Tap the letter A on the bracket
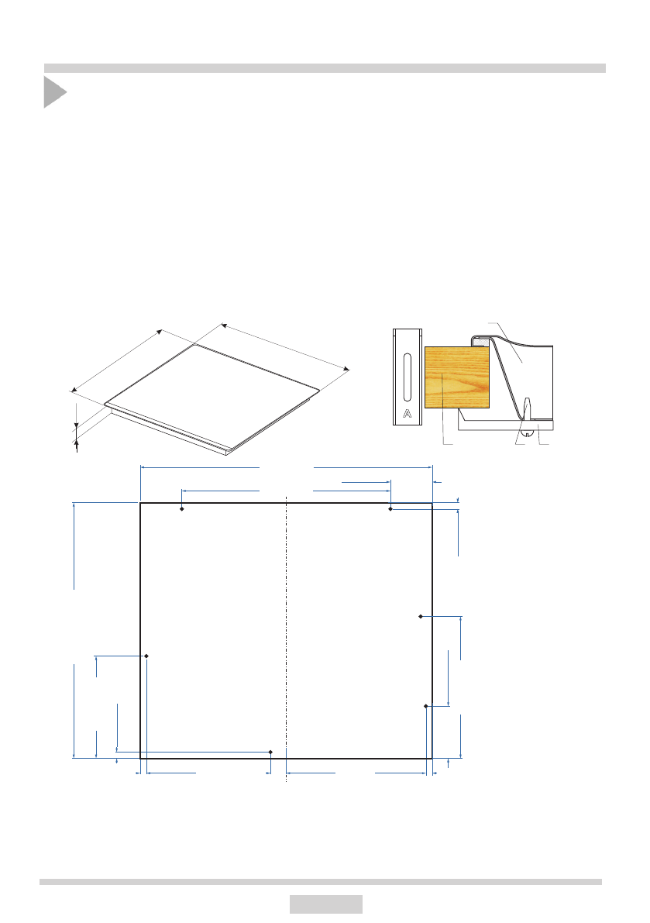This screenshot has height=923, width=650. (407, 414)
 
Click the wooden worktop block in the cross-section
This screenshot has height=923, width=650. (457, 377)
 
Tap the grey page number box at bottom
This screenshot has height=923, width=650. (326, 904)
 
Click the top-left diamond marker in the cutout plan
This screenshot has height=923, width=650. (182, 508)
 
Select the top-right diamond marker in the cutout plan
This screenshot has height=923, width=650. (390, 508)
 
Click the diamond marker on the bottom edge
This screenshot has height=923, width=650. (270, 753)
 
